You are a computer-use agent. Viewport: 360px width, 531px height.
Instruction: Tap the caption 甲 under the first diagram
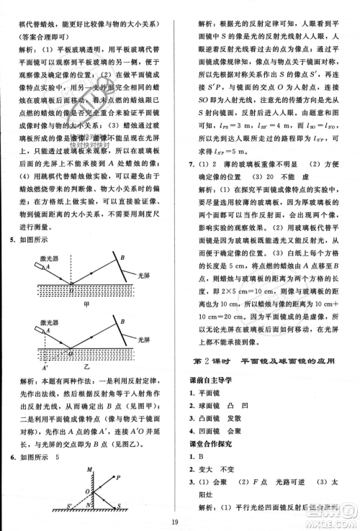click(87, 304)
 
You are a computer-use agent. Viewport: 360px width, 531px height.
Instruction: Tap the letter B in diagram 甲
click(122, 258)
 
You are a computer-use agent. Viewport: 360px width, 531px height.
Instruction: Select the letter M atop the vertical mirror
click(89, 470)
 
